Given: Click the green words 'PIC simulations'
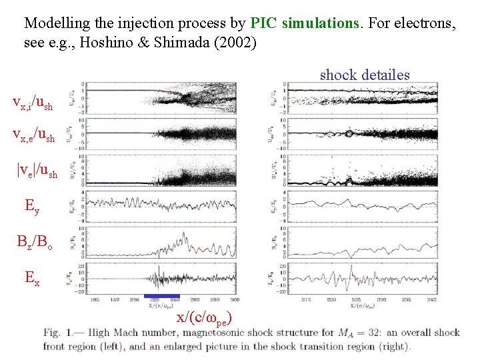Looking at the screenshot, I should [x=305, y=23].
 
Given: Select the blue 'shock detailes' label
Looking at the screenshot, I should [x=365, y=75].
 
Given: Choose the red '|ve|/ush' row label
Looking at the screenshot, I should [x=37, y=172].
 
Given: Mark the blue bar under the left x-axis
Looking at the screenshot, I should [x=162, y=295].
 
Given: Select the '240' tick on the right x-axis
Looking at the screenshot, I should [x=425, y=301].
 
